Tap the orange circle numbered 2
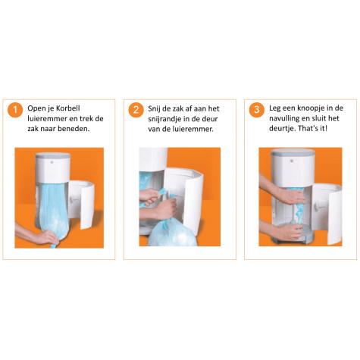tap(136, 111)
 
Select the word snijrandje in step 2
tap(169, 119)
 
